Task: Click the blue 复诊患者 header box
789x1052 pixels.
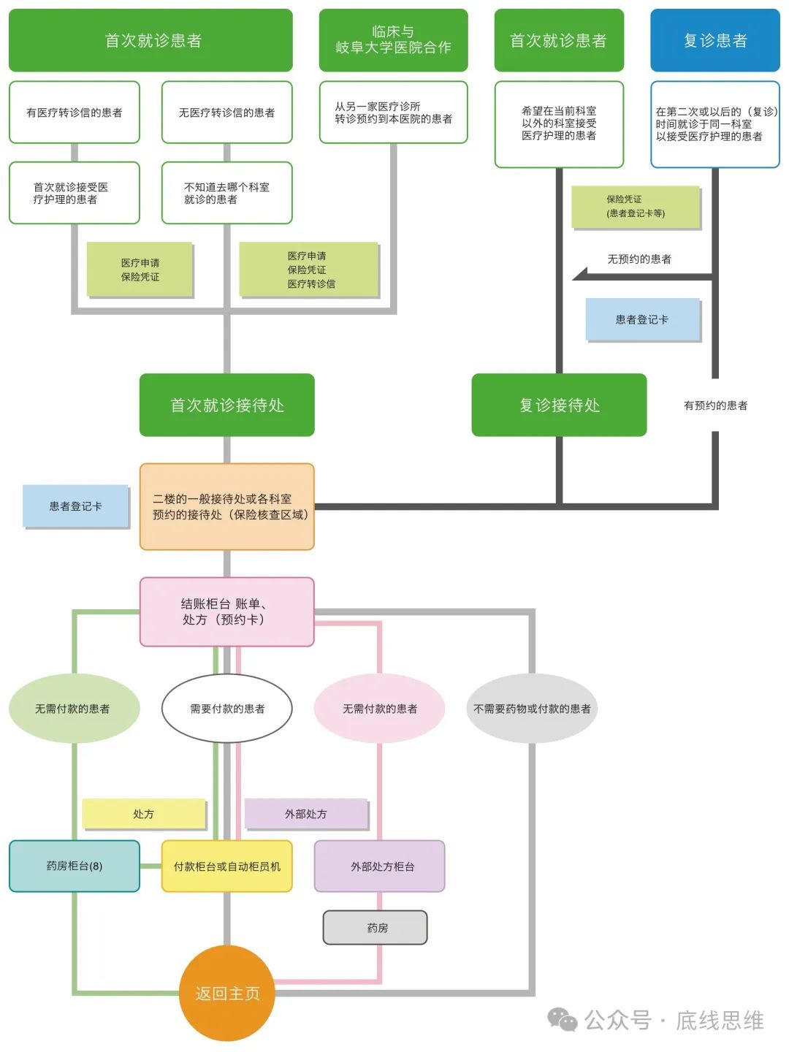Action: click(x=714, y=40)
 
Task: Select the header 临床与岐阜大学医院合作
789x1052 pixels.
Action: click(x=393, y=40)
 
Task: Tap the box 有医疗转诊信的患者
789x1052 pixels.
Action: click(x=74, y=113)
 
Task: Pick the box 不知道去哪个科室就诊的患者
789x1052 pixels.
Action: click(x=226, y=193)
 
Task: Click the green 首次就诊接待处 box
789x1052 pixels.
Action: click(x=226, y=405)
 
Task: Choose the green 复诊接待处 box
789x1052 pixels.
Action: click(x=559, y=405)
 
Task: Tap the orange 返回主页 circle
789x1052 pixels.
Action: click(x=226, y=993)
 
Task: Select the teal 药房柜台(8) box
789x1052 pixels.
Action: click(x=74, y=866)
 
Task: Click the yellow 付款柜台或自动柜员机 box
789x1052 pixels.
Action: click(x=226, y=866)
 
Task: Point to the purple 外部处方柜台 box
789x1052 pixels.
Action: click(x=379, y=866)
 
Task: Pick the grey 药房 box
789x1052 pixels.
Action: click(x=375, y=927)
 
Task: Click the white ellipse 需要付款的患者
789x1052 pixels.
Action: click(x=226, y=708)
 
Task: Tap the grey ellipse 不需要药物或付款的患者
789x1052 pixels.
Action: click(x=532, y=708)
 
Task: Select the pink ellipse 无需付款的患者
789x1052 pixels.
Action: click(x=379, y=708)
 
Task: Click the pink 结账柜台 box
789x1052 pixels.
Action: click(x=226, y=611)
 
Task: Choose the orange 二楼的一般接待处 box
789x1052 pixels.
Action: click(x=226, y=506)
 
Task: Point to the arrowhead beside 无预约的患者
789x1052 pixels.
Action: click(x=580, y=275)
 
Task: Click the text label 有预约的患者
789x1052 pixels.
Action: click(x=714, y=405)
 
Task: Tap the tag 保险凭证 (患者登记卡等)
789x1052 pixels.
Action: click(x=635, y=206)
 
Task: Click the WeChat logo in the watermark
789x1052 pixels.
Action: click(x=563, y=1019)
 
